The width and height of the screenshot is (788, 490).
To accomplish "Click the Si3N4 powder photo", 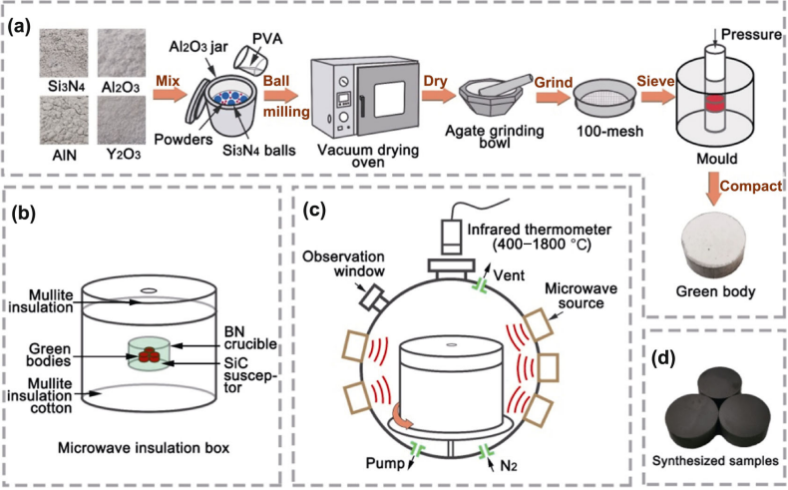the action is pos(64,53).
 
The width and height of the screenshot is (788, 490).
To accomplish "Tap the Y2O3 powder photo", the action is pos(122,120).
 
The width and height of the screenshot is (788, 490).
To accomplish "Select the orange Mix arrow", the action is pos(170,94).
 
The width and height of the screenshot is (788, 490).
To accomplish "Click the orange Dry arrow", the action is pos(438,94).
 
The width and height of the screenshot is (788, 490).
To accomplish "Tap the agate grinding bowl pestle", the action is pos(505,85).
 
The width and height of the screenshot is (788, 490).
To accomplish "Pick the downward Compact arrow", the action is pos(713,189).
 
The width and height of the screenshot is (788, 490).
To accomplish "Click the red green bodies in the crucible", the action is pos(149,355).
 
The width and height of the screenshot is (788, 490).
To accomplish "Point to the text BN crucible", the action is pos(250,337).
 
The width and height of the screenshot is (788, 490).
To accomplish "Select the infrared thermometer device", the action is pos(451,237).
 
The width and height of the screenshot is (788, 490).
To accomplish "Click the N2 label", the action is pos(508,465).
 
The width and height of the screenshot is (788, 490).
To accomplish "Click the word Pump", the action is pos(384,463).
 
